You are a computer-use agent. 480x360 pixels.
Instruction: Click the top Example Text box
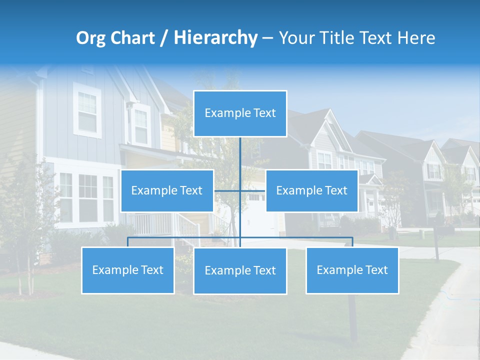tap(240, 113)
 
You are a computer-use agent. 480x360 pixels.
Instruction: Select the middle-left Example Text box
tap(167, 190)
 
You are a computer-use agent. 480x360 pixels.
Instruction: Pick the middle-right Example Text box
tap(311, 190)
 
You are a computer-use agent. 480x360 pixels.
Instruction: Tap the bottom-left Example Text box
tap(128, 270)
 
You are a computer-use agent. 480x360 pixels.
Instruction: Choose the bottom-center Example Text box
tap(240, 270)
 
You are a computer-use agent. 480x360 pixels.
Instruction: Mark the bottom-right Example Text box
tap(352, 270)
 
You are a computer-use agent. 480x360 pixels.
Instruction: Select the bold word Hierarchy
tap(215, 38)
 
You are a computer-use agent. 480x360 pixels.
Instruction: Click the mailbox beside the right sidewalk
tap(440, 230)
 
